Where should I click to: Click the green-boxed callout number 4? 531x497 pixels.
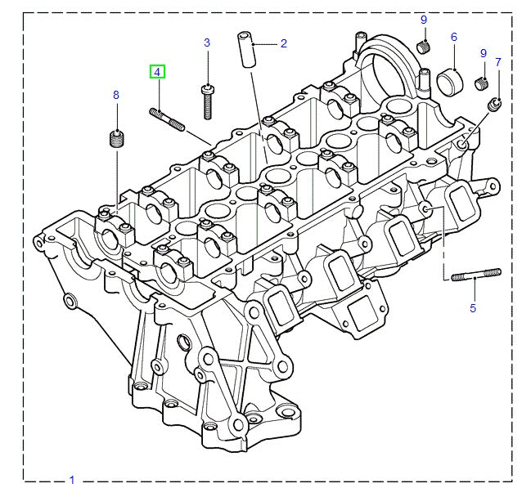click(157, 72)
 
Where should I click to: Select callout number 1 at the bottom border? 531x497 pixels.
click(72, 480)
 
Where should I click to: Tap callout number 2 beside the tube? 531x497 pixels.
click(283, 43)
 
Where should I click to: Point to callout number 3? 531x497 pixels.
click(207, 43)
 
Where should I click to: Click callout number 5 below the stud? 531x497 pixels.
click(473, 308)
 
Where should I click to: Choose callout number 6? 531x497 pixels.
click(454, 37)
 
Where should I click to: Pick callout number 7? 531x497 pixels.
click(497, 62)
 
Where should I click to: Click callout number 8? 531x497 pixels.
click(116, 95)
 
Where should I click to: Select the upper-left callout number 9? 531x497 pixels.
click(424, 20)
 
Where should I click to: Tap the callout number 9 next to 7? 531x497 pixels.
click(484, 53)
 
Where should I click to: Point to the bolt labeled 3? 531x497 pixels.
click(208, 102)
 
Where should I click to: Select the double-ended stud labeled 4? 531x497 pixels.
click(167, 119)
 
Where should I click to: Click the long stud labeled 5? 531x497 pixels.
click(476, 275)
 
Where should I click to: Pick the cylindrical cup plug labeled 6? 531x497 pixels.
click(450, 83)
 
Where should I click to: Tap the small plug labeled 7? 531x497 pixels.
click(494, 105)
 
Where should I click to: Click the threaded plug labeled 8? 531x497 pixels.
click(116, 138)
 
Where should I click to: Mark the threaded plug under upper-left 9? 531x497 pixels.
click(423, 47)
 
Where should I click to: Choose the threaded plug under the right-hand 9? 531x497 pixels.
click(481, 83)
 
